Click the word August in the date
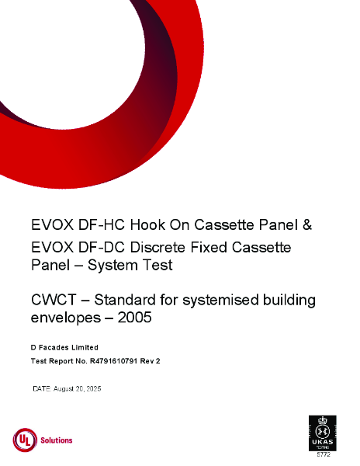pos(67,388)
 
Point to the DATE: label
pos(42,388)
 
